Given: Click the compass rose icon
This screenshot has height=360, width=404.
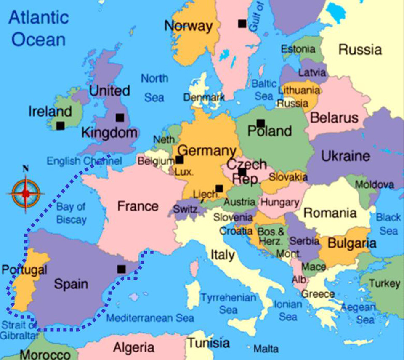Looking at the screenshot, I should [26, 193].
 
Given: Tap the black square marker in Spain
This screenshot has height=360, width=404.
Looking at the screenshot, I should [121, 269].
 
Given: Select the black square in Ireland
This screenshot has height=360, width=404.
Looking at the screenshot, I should [61, 125].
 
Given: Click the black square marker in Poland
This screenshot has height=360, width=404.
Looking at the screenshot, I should [260, 123].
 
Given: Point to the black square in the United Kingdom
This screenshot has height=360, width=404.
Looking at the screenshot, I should [120, 117].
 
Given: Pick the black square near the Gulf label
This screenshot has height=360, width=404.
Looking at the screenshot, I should [242, 24].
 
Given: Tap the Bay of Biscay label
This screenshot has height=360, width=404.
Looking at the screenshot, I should [71, 213].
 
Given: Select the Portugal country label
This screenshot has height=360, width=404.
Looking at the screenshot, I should [24, 270].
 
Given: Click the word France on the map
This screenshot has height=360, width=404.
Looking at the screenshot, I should [138, 206].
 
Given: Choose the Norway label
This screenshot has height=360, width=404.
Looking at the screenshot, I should [188, 26].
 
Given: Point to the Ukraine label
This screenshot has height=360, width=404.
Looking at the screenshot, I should [346, 156].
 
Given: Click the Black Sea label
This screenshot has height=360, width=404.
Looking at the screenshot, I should [388, 224].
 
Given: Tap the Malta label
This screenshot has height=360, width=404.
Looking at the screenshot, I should [266, 349].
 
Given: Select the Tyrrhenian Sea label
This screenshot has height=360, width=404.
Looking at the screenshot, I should [228, 304].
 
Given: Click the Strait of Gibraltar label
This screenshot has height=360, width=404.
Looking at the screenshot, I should [19, 331].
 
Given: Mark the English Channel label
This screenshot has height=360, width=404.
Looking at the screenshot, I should [84, 161].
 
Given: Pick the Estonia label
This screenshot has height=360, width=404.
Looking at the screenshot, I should [298, 49].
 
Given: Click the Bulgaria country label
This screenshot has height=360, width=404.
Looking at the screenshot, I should [352, 243].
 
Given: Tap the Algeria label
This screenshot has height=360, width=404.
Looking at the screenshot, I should [133, 348].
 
